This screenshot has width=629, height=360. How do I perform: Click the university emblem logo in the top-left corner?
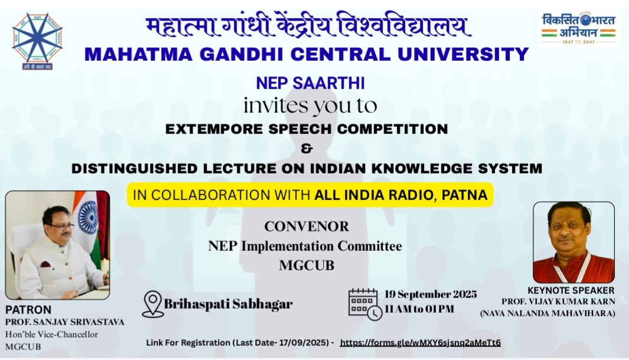click(37, 41)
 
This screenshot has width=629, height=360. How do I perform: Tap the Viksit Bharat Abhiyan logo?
click(578, 28)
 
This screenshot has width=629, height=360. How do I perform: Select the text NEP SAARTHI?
click(310, 83)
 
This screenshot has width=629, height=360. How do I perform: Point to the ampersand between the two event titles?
click(307, 148)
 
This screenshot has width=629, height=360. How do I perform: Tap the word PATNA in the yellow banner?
click(464, 195)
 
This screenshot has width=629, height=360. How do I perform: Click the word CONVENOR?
click(307, 227)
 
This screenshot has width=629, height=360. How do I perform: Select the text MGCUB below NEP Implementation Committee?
click(307, 266)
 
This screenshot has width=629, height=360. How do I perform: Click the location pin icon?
click(153, 304)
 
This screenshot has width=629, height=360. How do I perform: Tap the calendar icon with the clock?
click(365, 305)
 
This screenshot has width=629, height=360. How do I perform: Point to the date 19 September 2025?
click(431, 294)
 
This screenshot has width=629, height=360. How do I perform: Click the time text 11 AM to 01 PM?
click(419, 309)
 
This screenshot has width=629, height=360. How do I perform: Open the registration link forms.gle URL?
click(420, 343)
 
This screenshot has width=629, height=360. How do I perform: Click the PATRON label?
click(28, 310)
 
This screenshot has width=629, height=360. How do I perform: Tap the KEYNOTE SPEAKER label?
click(571, 290)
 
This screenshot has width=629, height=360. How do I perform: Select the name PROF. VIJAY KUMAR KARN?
click(558, 302)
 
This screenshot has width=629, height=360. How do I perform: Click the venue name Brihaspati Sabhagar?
click(228, 304)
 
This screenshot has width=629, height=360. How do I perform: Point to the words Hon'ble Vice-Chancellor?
click(51, 335)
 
